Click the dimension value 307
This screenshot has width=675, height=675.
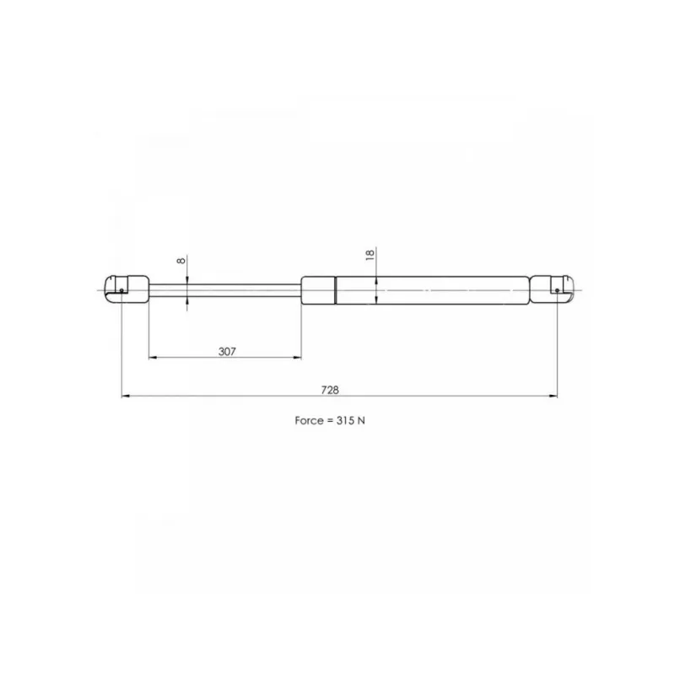227,352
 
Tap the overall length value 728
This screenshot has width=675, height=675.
330,390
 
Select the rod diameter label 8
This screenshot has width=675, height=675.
181,261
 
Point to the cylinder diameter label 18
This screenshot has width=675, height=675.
370,255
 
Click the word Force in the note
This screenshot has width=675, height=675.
309,420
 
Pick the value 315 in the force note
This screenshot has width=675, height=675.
345,420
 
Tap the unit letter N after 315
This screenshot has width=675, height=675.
361,420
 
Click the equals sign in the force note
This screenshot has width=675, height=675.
329,421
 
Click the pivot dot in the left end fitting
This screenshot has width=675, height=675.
121,290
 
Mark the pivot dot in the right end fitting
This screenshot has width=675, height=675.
557,290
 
